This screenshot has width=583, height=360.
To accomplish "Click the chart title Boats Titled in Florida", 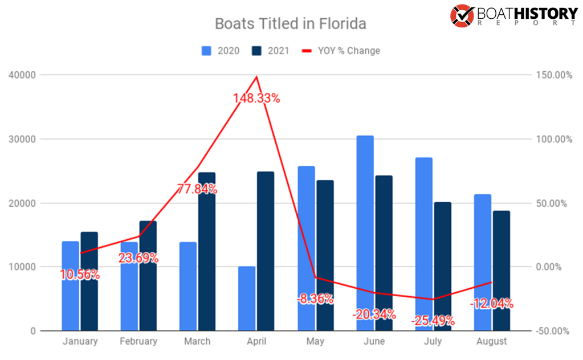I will tap(290, 24).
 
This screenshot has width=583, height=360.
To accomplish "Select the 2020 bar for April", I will tap(247, 298).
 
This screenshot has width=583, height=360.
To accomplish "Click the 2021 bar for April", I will tap(265, 251).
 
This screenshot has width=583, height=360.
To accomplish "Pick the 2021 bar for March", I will tap(207, 251).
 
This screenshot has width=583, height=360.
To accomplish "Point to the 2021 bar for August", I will tap(502, 268).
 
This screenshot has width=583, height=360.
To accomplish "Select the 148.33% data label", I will tap(256, 99).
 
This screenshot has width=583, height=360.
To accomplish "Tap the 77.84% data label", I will tap(197, 189).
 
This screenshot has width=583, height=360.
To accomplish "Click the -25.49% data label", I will tap(433, 320).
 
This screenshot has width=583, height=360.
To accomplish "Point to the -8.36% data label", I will tap(315, 298).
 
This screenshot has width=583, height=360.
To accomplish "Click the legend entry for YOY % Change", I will tap(341, 51).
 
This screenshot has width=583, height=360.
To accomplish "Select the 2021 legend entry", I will tap(270, 51).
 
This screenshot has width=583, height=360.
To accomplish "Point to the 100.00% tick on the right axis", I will tap(553, 139).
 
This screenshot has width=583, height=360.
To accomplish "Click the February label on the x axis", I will tap(138, 341).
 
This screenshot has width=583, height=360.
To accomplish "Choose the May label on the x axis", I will tap(315, 341).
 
